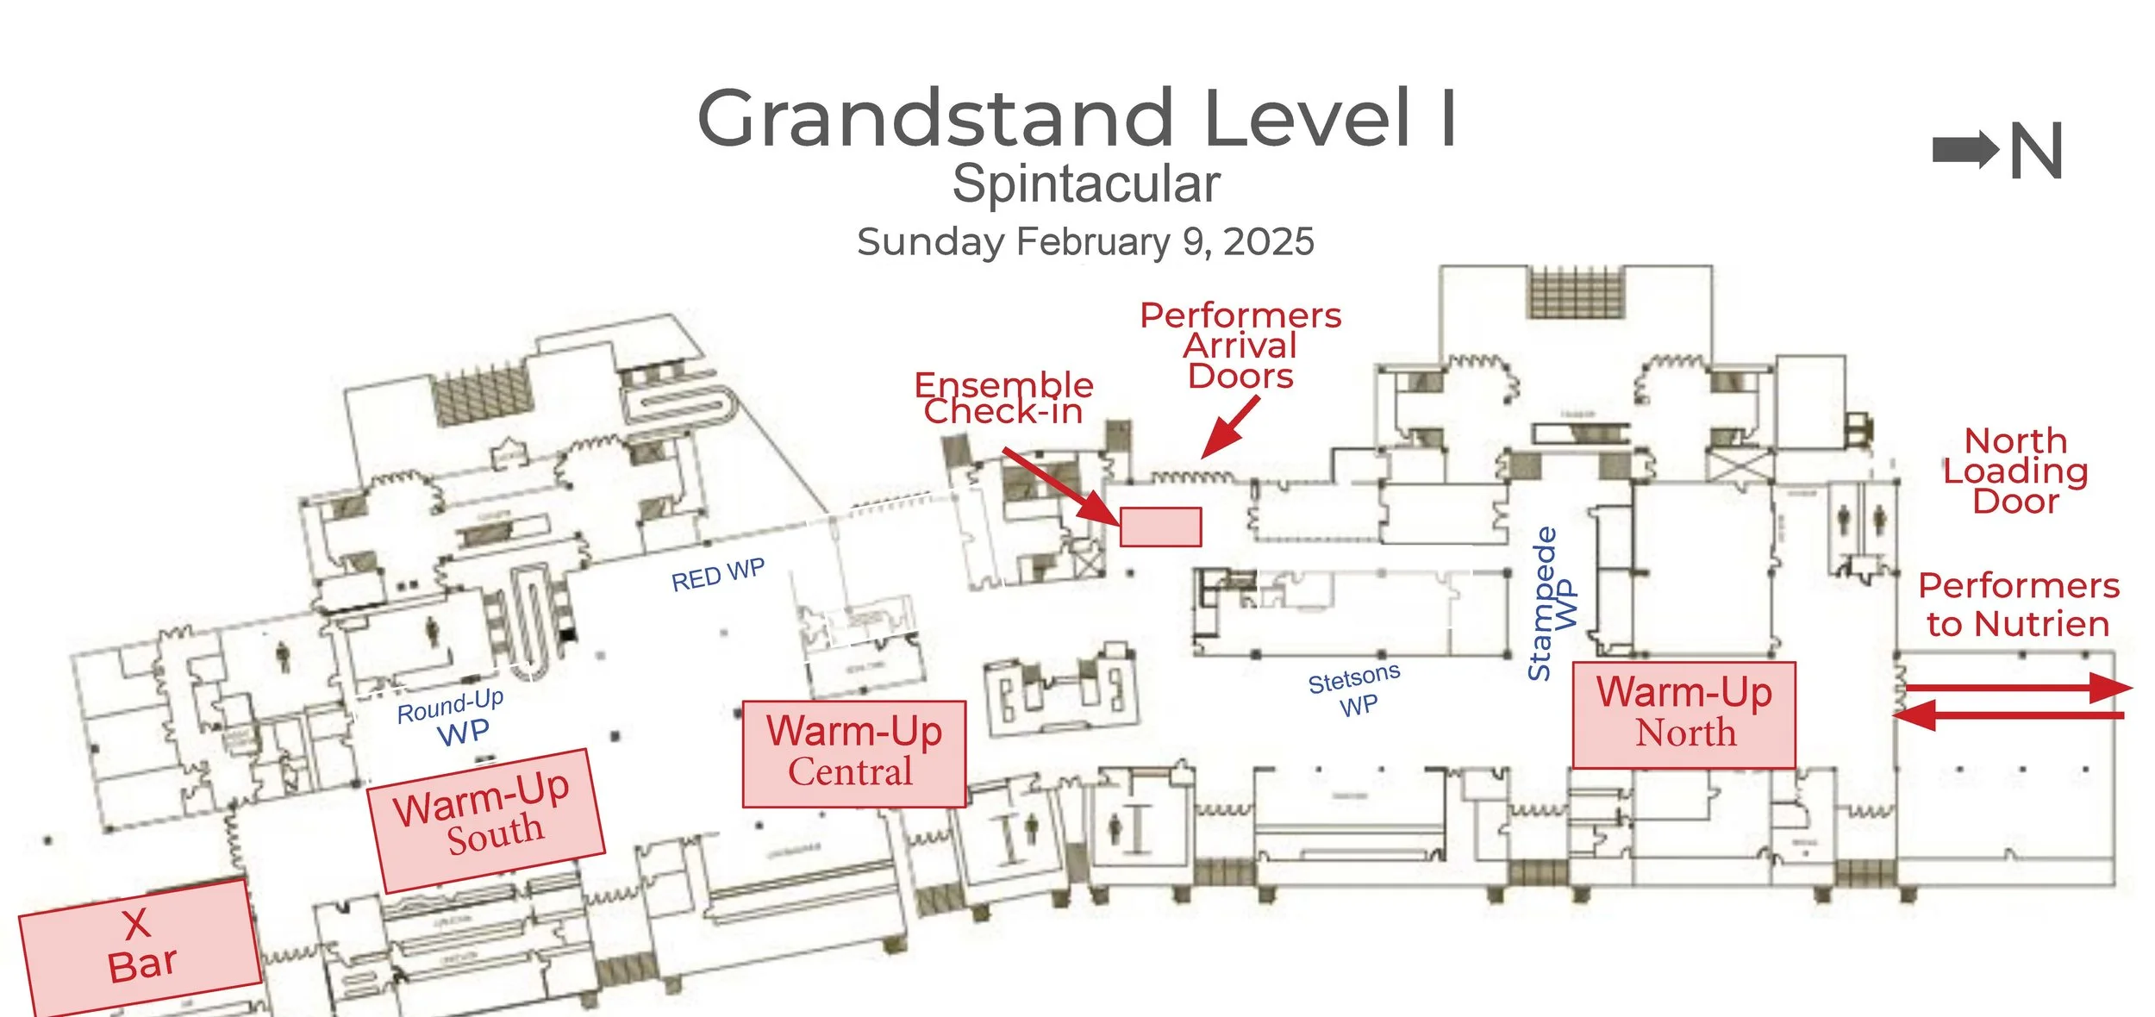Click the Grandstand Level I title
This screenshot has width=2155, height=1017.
tap(1076, 118)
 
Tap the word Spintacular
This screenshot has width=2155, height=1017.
tap(1085, 184)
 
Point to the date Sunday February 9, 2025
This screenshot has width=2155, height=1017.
tap(1085, 242)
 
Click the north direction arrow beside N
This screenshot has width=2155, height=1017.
tap(1964, 151)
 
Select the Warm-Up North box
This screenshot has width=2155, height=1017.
tap(1683, 714)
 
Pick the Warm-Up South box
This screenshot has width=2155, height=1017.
tap(486, 818)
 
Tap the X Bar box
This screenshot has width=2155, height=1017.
tap(141, 946)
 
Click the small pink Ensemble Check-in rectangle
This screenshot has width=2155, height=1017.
tap(1160, 527)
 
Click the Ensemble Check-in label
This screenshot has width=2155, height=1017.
tap(1003, 398)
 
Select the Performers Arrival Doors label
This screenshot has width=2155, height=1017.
tap(1240, 346)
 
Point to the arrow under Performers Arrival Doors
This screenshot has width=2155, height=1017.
tap(1230, 427)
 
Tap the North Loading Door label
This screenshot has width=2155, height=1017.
tap(2015, 471)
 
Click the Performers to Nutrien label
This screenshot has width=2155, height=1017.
tap(2018, 604)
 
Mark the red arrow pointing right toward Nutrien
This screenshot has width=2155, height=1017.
tap(2017, 688)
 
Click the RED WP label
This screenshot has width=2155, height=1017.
tap(718, 575)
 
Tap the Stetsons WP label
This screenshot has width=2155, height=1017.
tap(1355, 690)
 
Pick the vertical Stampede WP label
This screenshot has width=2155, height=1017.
tap(1552, 603)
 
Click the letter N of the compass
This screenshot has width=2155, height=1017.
tap(2036, 151)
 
